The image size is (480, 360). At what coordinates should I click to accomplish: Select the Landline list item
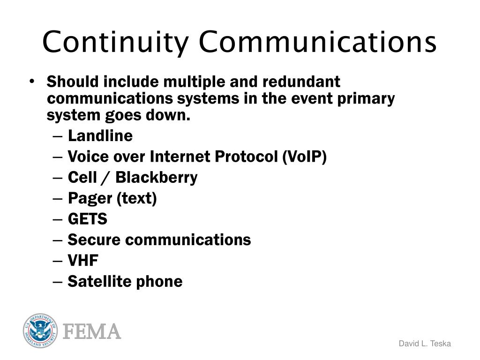click(x=100, y=136)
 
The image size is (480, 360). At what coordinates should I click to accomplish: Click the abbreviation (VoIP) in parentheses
click(x=304, y=157)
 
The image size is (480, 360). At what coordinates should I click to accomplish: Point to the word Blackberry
click(x=157, y=178)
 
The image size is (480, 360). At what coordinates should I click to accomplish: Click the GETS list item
click(x=88, y=219)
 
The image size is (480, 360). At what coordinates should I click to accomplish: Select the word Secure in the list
click(x=94, y=240)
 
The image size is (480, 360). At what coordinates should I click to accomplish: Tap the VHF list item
click(x=83, y=261)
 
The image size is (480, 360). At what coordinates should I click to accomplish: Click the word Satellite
click(x=99, y=281)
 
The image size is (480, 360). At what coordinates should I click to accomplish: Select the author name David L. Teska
click(x=425, y=344)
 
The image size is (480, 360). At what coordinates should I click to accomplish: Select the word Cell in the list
click(x=81, y=178)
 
